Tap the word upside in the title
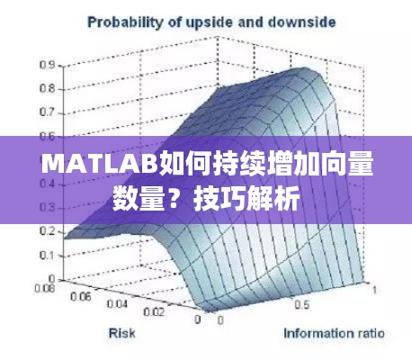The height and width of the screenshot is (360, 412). point(203,19)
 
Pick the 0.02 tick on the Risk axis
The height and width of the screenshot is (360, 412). point(155,312)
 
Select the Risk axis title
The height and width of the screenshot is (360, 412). point(124,334)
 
